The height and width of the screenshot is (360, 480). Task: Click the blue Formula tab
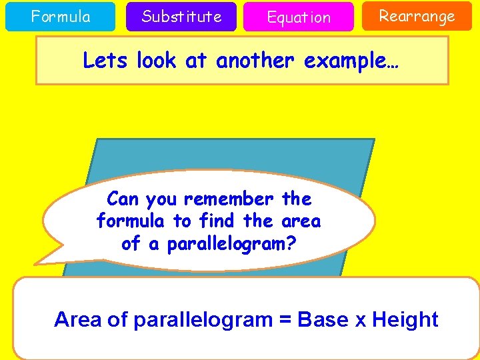[x=61, y=17]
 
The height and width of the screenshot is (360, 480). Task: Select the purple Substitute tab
[x=181, y=17]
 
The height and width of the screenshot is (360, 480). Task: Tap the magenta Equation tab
[x=298, y=17]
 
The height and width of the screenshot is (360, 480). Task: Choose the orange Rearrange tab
[x=417, y=16]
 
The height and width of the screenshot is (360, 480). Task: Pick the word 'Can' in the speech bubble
[x=123, y=199]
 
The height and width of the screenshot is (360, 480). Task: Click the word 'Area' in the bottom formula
[x=78, y=319]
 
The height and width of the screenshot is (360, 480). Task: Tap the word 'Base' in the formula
[x=323, y=319]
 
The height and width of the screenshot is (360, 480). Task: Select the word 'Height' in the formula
[x=405, y=319]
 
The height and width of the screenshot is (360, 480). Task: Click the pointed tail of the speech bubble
[x=38, y=262]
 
